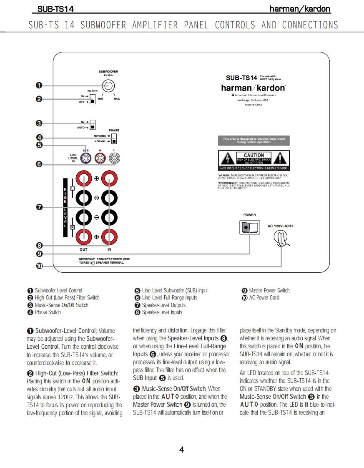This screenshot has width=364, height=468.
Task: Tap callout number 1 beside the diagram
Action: (39, 86)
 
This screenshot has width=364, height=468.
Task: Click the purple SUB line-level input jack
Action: (86, 158)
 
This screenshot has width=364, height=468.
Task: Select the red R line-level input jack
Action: (100, 158)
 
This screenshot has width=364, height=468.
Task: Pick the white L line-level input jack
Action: (115, 158)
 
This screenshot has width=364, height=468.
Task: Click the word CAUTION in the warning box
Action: (254, 155)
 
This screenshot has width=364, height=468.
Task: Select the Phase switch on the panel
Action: (114, 138)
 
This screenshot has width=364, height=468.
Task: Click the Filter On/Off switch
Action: (93, 99)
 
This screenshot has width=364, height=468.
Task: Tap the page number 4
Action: (181, 449)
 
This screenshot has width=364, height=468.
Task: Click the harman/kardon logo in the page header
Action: (300, 9)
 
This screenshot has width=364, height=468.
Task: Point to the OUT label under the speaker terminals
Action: (83, 249)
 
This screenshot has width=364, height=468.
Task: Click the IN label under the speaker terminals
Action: (109, 249)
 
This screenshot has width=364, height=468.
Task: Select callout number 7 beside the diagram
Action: (39, 207)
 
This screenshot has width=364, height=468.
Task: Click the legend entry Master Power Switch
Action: (269, 290)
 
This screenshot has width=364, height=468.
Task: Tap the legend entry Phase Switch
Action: (48, 312)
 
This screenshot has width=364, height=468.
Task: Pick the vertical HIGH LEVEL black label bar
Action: (65, 207)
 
